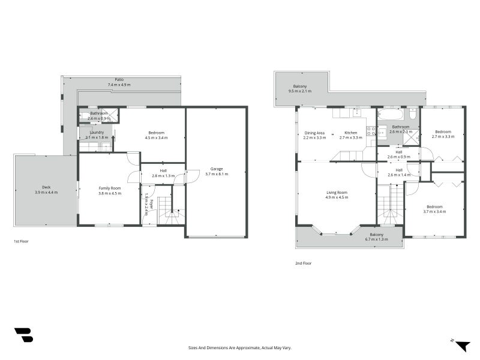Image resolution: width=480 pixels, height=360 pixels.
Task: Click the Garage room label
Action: pos(217,169)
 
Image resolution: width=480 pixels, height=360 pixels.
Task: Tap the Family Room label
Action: pos(110,188)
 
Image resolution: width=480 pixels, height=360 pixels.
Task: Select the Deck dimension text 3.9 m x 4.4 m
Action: pos(46,192)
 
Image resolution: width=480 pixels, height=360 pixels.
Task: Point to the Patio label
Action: pos(119,80)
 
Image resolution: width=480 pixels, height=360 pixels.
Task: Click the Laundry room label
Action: pos(97,132)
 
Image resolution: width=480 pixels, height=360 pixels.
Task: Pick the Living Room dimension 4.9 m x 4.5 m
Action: pos(337,197)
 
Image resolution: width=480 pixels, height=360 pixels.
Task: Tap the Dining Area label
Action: pos(314,133)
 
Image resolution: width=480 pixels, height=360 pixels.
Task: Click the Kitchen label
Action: pos(351,133)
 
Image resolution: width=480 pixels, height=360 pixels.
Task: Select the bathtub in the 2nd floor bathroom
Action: pos(391,115)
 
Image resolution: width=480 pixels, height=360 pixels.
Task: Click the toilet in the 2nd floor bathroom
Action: pos(412,114)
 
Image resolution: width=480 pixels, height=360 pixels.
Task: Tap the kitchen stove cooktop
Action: pos(371,131)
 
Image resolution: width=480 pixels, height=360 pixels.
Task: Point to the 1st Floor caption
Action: pos(21,242)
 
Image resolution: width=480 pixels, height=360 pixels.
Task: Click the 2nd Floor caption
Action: pos(304,263)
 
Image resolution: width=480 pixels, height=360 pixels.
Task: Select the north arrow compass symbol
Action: pos(461,346)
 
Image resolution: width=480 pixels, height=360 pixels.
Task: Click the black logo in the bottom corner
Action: pos(23,335)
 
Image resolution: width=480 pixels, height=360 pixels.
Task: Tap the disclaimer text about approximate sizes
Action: pos(239,348)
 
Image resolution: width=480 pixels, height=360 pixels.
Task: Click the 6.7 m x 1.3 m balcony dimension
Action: pos(377,239)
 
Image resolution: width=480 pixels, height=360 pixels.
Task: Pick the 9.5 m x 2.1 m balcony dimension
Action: pos(300,91)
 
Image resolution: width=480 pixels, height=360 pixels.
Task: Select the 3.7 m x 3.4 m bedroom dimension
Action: pos(434,211)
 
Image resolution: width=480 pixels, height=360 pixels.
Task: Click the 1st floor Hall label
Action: pos(163,171)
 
